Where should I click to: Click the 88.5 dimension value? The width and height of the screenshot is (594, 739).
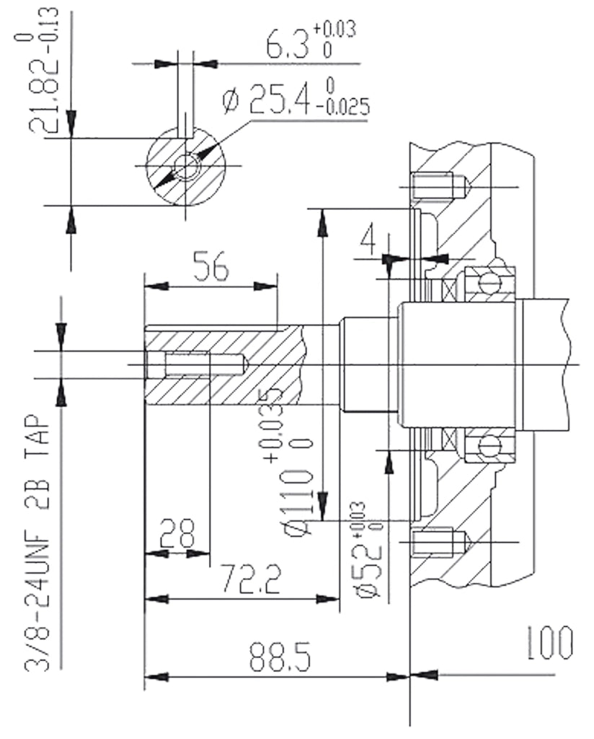pyautogui.click(x=280, y=656)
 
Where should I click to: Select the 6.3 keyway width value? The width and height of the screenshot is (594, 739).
pyautogui.click(x=287, y=43)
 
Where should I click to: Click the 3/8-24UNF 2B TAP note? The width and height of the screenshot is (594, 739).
pyautogui.click(x=37, y=543)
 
